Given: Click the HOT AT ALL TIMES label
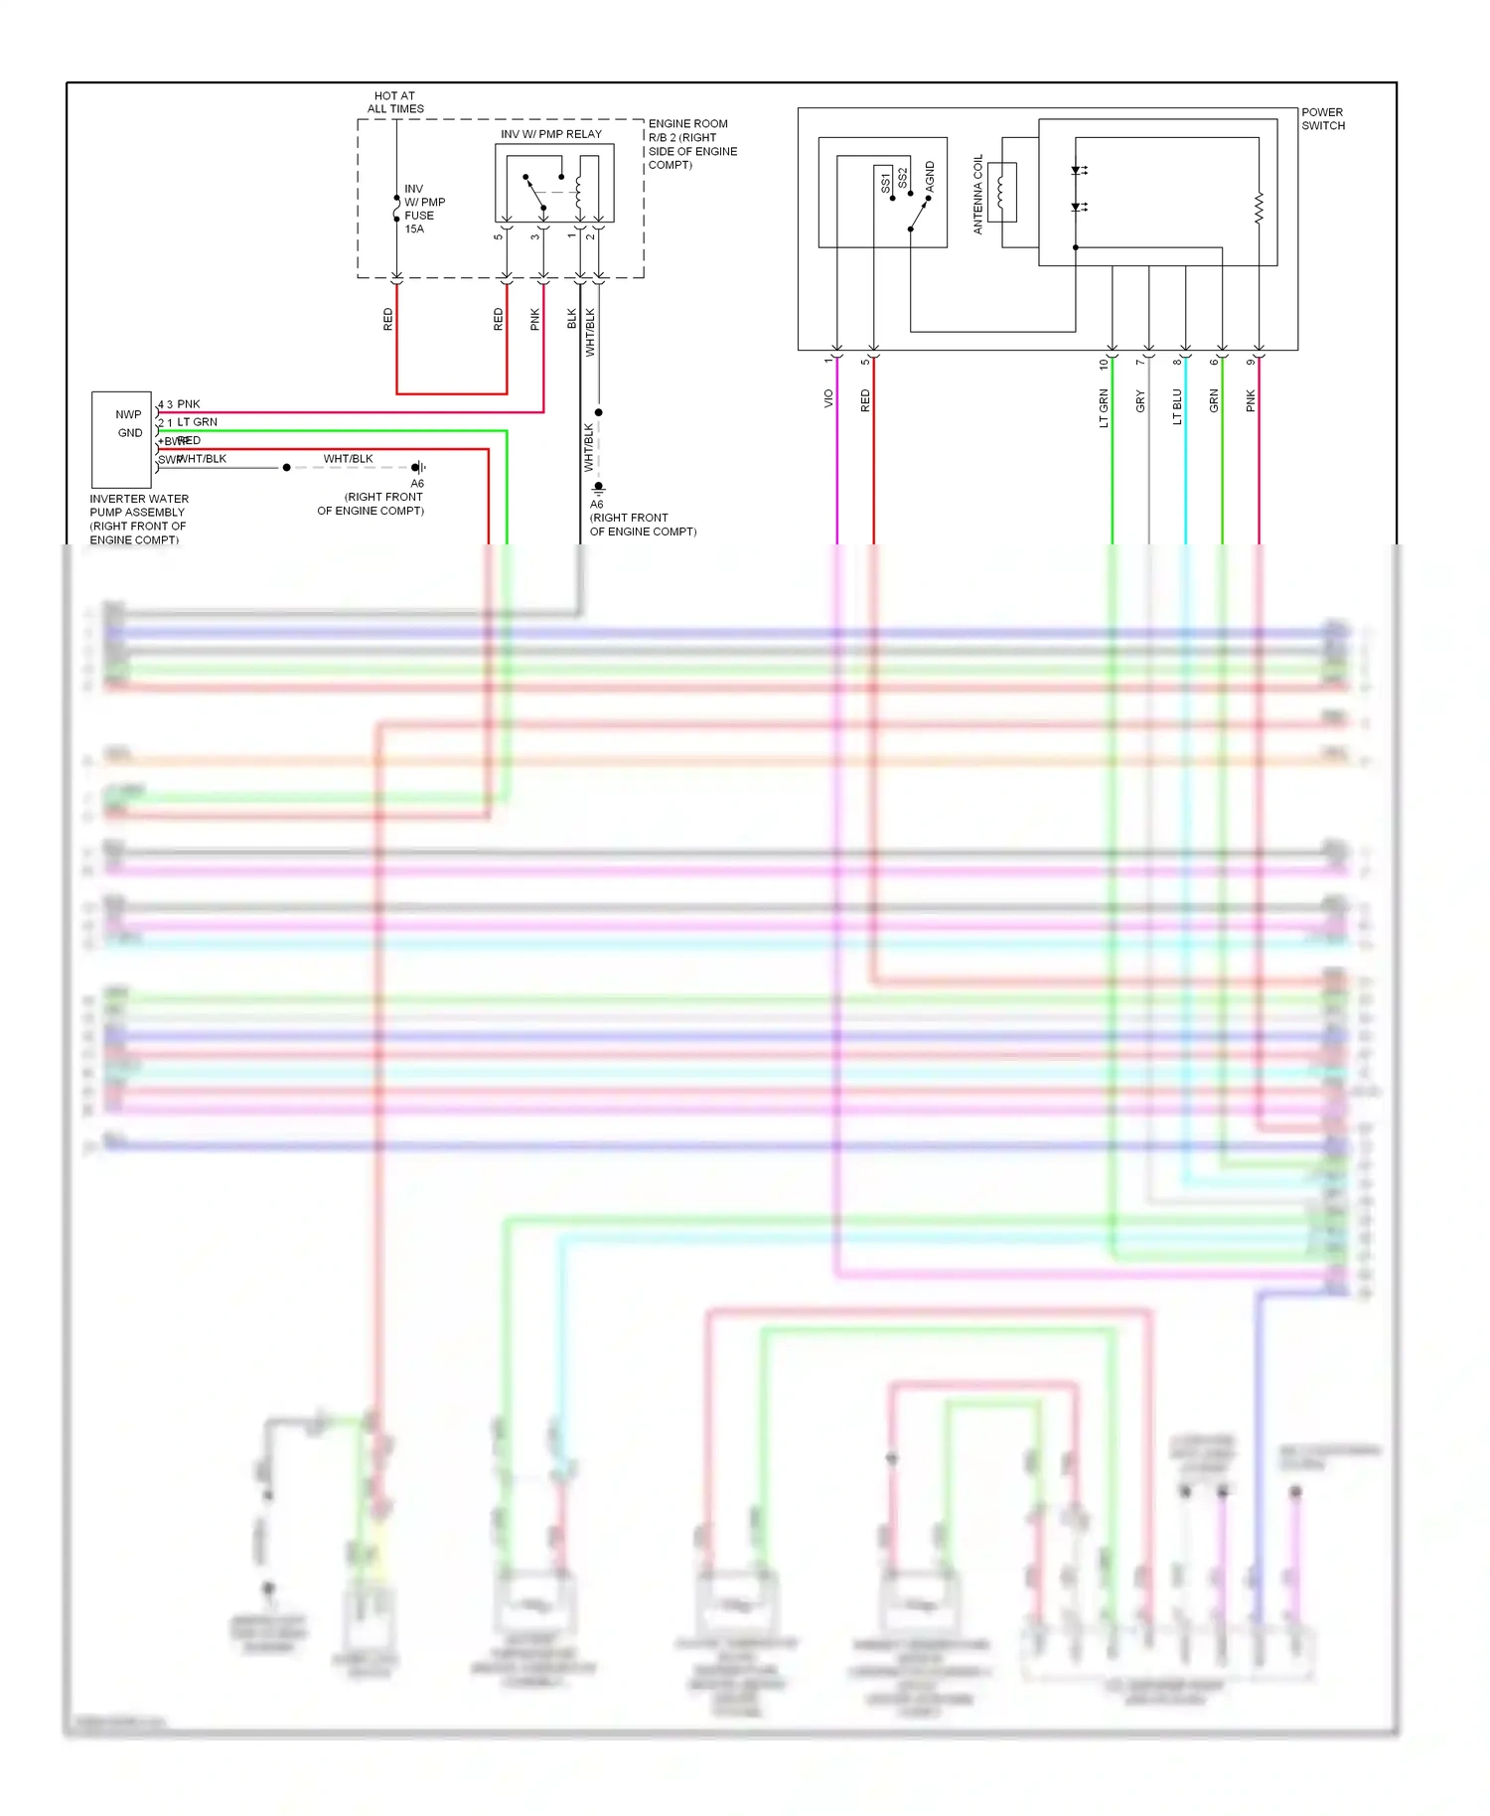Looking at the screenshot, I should pos(395,102).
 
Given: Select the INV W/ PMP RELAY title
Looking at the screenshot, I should pos(550,134).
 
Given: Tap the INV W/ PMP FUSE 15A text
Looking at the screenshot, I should pos(424,209).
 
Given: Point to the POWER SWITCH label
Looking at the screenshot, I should pos(1322,119).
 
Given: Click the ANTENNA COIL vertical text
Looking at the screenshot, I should pos(977,194).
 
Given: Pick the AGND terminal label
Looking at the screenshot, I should pos(930,176).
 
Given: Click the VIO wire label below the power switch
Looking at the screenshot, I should pos(828,398).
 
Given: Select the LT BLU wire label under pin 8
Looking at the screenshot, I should pos(1177,406).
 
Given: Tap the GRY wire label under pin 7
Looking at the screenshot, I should pos(1140,401).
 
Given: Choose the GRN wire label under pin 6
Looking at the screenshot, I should pos(1214,401).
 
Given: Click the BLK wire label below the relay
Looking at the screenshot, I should pos(572,318).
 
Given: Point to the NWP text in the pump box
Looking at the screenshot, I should pos(128,414).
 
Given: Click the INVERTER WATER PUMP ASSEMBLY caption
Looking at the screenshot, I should pos(138,519).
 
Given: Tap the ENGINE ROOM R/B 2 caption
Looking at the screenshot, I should pos(692,144).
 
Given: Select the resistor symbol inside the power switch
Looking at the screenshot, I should pos(1259,209).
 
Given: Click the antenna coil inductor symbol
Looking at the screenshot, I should pos(1000,191).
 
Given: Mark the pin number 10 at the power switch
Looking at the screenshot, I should pos(1104,364).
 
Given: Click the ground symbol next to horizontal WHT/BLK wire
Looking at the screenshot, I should pos(421,467).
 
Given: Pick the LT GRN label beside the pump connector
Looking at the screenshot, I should pos(197,422).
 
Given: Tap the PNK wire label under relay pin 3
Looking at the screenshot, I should pos(535,319).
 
